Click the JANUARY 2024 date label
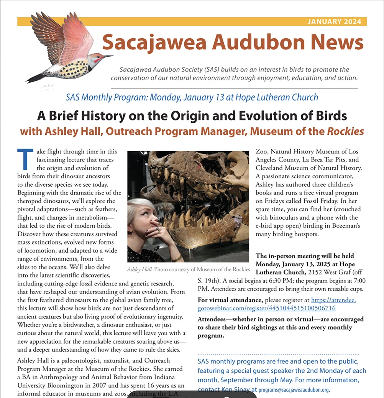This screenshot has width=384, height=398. (334, 21)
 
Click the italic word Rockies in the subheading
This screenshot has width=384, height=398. (345, 131)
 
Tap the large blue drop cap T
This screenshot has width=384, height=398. (25, 159)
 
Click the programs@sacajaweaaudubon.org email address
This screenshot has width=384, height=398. (294, 390)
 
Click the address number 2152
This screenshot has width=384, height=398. (320, 272)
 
